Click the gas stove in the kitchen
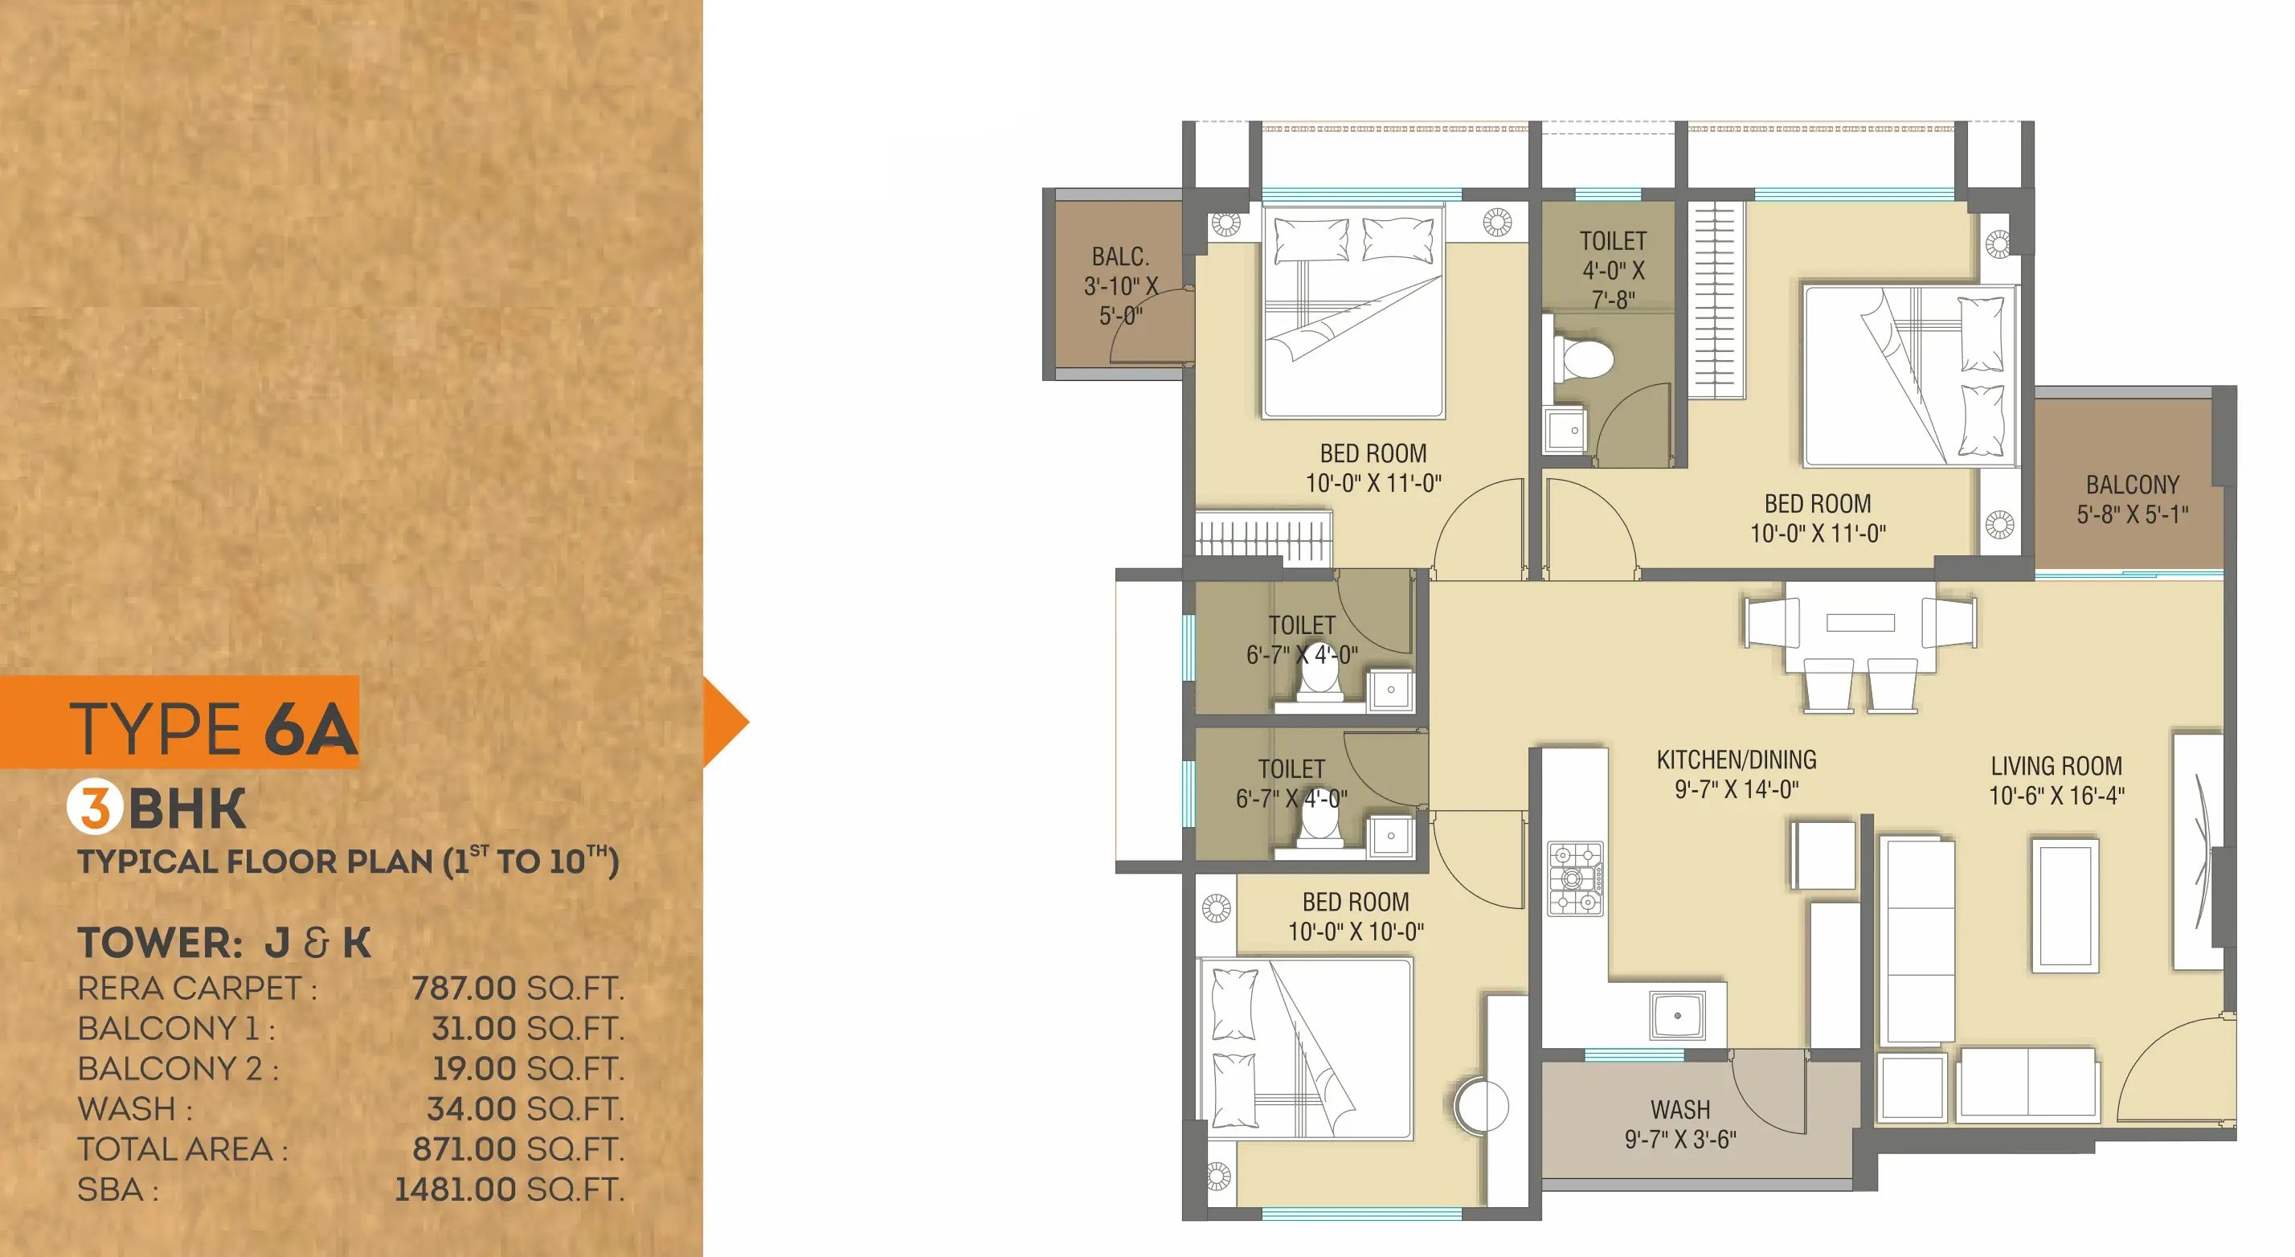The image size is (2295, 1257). [1575, 878]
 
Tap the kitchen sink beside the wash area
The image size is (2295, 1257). [1678, 1016]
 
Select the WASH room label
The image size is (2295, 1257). [1680, 1110]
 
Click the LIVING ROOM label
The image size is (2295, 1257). [2056, 766]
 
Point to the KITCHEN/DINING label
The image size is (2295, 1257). [1737, 760]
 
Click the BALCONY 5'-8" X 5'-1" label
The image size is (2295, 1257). [2133, 499]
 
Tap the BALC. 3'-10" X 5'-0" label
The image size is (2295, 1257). [1121, 286]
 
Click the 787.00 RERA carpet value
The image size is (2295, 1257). [464, 988]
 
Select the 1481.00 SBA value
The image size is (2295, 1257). [456, 1189]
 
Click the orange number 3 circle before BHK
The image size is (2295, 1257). [95, 807]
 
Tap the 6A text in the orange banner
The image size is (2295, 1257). [311, 729]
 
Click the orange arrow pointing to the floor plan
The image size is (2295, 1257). [725, 722]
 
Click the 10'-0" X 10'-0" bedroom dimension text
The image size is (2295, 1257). [1356, 931]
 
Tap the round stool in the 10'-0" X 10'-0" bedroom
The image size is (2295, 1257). [1482, 1106]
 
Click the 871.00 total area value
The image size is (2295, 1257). [464, 1149]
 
